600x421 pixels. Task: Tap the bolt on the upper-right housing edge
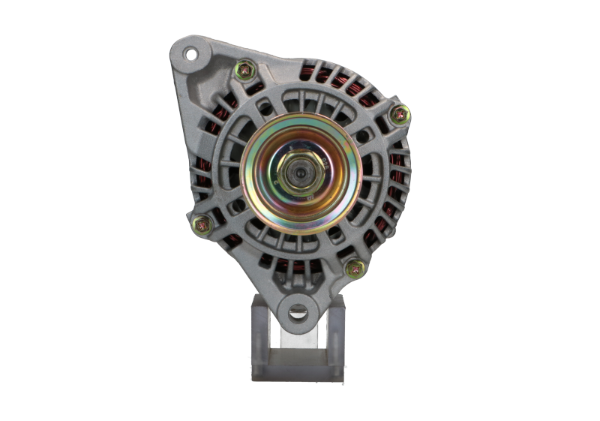[x=400, y=114]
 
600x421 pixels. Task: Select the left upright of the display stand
[x=259, y=330]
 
